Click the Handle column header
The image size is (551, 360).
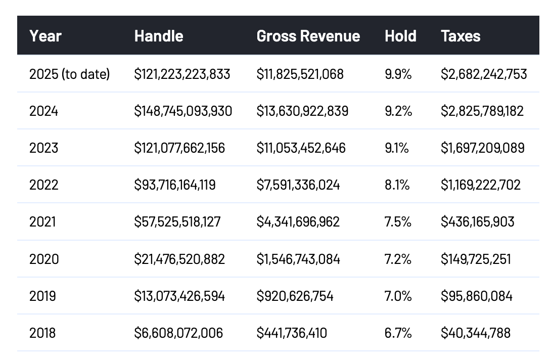point(159,36)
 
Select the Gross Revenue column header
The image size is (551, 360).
point(308,36)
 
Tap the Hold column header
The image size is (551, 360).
point(400,36)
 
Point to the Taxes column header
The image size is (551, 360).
point(461,36)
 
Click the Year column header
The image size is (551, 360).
point(45,36)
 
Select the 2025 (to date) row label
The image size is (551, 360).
point(69,74)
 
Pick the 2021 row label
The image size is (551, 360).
point(42,221)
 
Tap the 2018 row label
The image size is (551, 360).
point(42,333)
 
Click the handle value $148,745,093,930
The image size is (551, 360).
point(183,111)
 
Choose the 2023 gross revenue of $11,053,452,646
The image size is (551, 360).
point(301,148)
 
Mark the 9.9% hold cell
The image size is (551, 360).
point(398,74)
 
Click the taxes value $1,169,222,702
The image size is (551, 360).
point(481,185)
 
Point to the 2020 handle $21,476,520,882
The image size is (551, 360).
point(179,259)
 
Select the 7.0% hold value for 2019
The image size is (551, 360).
point(398,296)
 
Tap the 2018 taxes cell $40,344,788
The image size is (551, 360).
point(476,333)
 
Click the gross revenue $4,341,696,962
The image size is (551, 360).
point(298,221)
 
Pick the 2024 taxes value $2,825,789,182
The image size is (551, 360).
point(482,111)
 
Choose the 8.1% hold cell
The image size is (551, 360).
point(397,185)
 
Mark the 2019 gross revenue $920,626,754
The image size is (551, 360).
point(295,296)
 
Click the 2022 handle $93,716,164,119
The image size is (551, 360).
point(175,185)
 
